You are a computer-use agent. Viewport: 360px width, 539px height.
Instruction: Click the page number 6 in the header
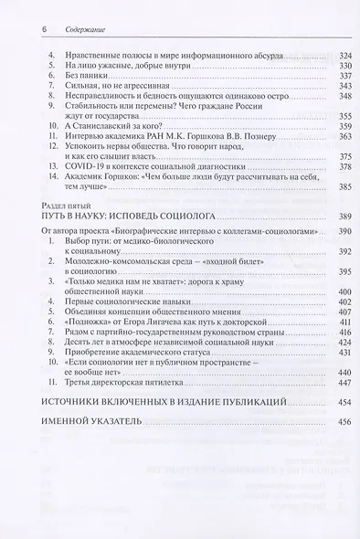point(45,29)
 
